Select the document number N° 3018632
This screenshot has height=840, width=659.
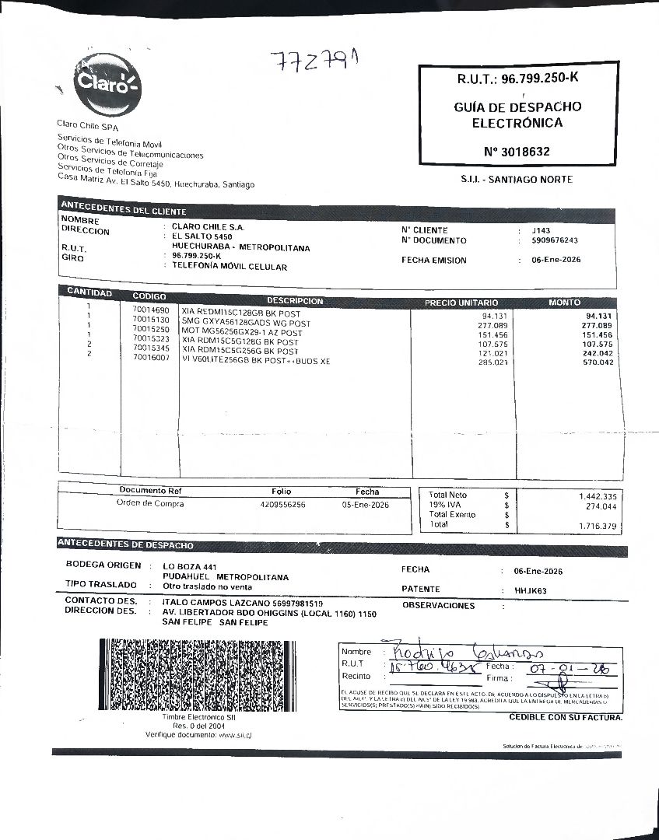pos(517,152)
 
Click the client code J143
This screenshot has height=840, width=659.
pos(541,231)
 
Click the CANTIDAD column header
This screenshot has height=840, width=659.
pos(89,292)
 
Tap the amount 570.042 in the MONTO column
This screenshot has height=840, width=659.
pos(598,362)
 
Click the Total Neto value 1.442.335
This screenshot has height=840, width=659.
pos(597,496)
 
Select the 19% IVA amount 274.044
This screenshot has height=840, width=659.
pos(601,506)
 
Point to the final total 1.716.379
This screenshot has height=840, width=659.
pos(597,527)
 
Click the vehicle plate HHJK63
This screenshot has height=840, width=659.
pos(531,590)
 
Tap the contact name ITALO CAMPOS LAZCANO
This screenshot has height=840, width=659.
pos(215,603)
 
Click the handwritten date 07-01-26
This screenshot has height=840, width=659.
pos(568,669)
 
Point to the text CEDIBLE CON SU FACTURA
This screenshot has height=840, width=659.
pos(566,717)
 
